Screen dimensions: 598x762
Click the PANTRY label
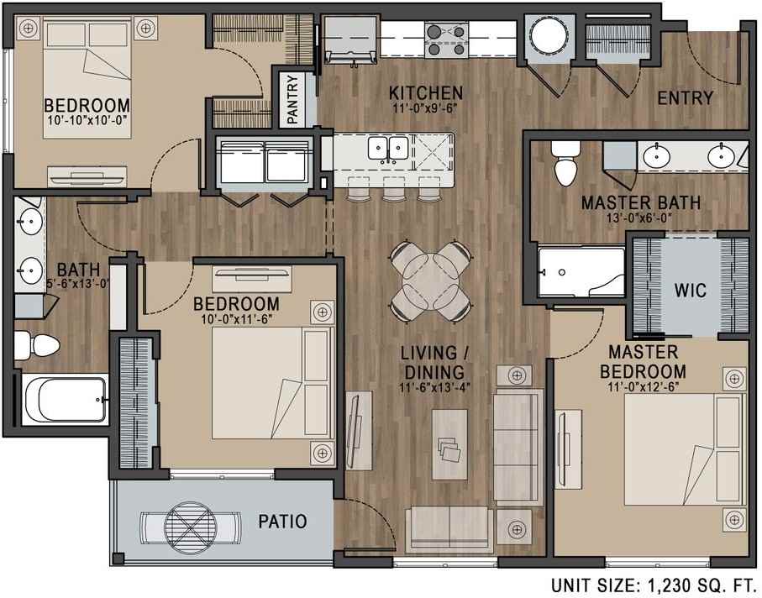point(293,101)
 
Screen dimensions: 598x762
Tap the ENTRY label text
point(685,98)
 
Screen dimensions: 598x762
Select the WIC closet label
point(689,291)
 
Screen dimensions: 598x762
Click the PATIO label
point(281,522)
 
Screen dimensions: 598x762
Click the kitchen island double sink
point(389,149)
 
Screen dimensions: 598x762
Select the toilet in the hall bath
point(34,344)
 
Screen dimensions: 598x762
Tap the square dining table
point(430,280)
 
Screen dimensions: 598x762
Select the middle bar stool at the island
point(393,192)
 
